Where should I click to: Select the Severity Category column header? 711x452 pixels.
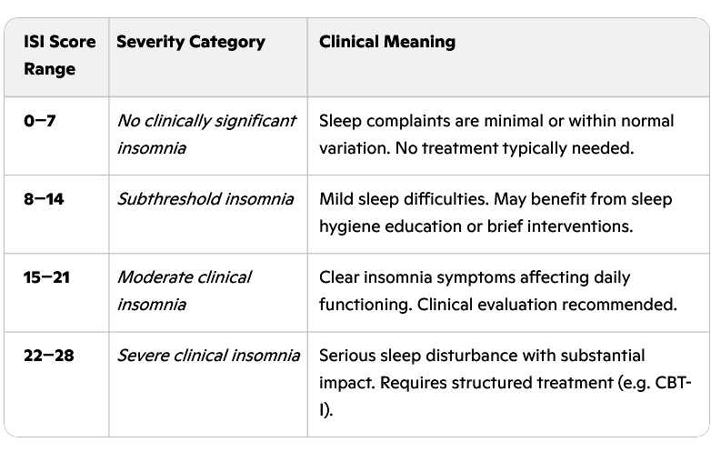(x=190, y=42)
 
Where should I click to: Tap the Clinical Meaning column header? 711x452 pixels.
(x=387, y=42)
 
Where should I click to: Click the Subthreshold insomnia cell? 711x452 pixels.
(x=205, y=199)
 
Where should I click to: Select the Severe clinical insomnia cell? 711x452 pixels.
(x=207, y=356)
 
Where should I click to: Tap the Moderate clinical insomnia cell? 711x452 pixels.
(x=184, y=290)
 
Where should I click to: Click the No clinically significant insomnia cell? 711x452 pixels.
(x=205, y=134)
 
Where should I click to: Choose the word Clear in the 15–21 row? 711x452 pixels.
(x=338, y=277)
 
